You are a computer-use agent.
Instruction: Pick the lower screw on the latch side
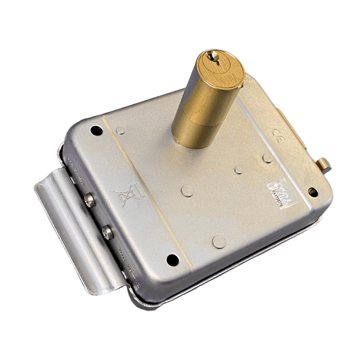[107, 232]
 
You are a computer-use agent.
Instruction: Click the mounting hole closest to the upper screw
[97, 130]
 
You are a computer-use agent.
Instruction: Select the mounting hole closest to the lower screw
[173, 260]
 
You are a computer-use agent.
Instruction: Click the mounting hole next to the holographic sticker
[312, 192]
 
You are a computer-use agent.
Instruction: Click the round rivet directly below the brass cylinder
[188, 190]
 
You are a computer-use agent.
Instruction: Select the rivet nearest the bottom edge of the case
[219, 241]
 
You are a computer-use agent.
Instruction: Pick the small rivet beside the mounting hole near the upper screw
[120, 130]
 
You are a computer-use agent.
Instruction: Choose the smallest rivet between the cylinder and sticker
[238, 169]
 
